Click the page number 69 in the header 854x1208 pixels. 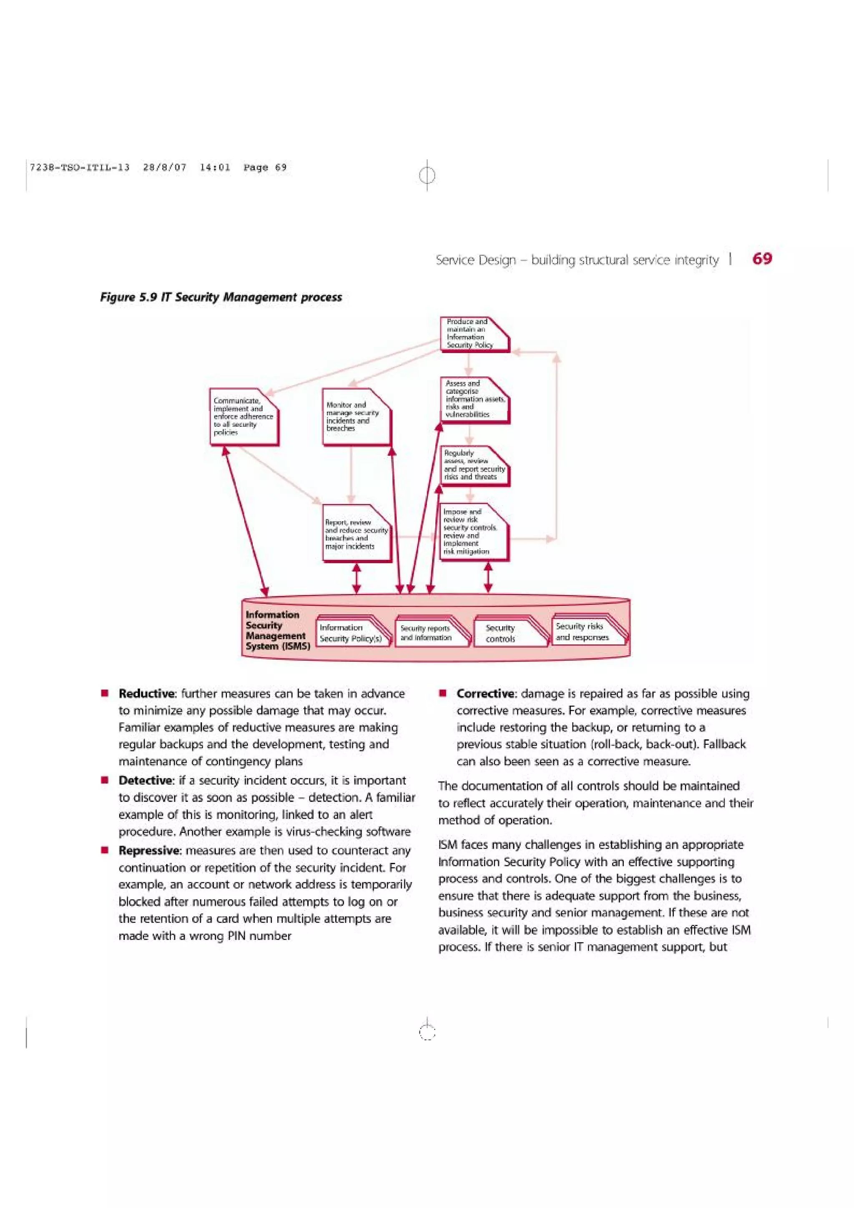(762, 258)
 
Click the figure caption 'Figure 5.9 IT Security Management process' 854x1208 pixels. (221, 297)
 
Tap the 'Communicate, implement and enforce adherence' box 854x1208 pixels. (244, 417)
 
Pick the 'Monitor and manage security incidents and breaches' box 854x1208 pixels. (356, 417)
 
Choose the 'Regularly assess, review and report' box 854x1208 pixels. (475, 466)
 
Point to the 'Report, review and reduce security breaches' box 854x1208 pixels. (356, 534)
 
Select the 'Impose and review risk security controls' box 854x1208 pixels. (474, 531)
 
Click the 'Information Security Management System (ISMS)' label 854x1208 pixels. (275, 630)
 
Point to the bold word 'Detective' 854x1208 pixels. (145, 780)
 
